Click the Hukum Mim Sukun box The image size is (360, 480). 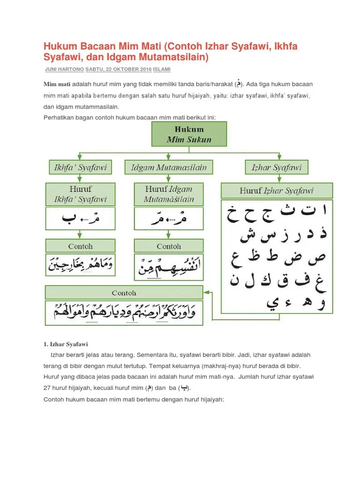click(189, 134)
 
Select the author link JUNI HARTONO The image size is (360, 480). click(64, 69)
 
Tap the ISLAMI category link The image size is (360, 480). click(161, 69)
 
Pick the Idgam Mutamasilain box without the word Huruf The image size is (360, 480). click(169, 167)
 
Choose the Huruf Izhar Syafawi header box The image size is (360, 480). click(277, 191)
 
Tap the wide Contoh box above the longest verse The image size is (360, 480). click(124, 293)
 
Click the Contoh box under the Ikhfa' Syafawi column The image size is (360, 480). click(80, 246)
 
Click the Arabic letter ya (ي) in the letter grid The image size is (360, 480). click(272, 302)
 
